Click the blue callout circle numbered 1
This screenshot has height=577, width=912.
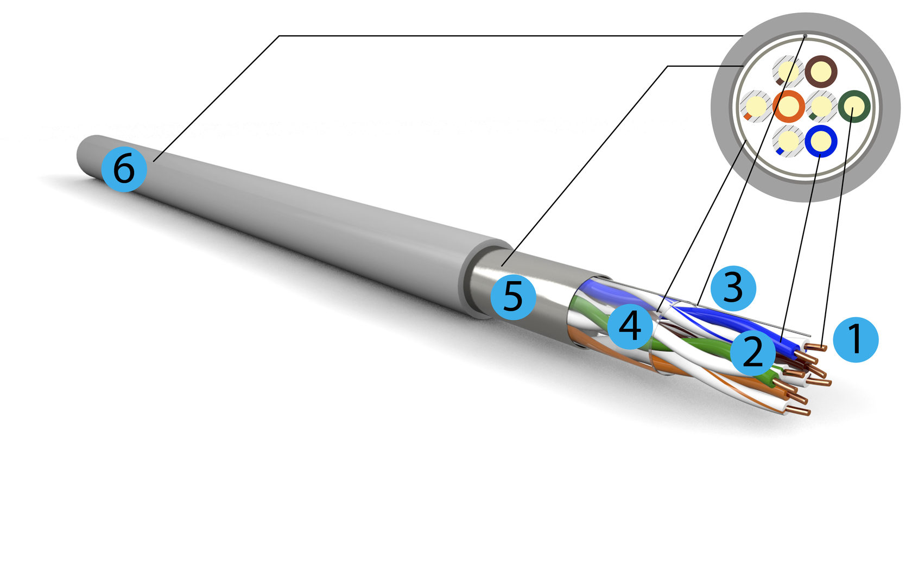[x=856, y=340]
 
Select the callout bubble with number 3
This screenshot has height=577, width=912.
[x=733, y=288]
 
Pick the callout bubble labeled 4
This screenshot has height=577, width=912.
[x=630, y=327]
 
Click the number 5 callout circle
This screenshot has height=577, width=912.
[x=513, y=297]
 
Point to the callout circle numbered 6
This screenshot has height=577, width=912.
[x=124, y=169]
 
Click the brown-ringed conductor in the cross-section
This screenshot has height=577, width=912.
[x=821, y=72]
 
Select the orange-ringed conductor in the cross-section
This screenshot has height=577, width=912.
[x=788, y=106]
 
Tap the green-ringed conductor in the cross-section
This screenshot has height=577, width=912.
[x=854, y=106]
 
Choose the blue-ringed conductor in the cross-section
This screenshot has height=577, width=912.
[x=821, y=141]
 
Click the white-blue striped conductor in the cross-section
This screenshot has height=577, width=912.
[x=788, y=141]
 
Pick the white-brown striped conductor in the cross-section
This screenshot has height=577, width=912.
[x=788, y=72]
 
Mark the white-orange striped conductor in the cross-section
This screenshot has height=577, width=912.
[x=756, y=106]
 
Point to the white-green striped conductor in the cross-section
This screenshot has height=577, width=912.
[x=821, y=106]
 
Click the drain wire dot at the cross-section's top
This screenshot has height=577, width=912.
[x=805, y=36]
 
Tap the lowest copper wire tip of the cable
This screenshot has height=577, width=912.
[x=799, y=411]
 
